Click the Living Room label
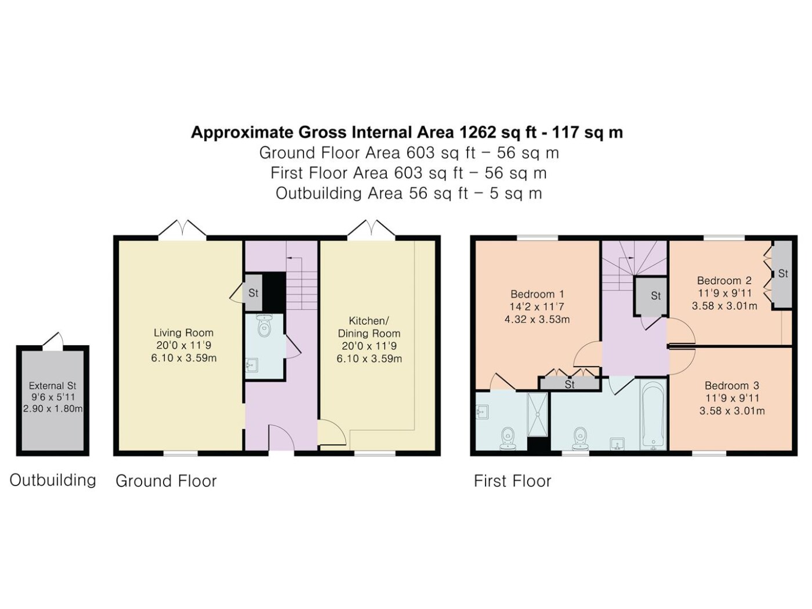pos(183,333)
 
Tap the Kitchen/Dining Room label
pos(369,327)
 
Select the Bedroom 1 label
pos(537,294)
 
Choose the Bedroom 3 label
pos(732,386)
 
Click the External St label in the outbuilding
pos(53,386)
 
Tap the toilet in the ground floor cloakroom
pos(264,326)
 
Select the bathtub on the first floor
pos(653,415)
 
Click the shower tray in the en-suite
pos(536,414)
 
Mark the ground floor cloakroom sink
pos(252,365)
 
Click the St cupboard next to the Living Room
pos(253,293)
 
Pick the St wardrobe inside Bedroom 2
pos(783,274)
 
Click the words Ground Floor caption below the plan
pos(166,481)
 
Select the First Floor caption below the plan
pos(512,481)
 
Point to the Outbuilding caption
pos(53,480)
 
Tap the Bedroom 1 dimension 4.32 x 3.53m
pos(537,319)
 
